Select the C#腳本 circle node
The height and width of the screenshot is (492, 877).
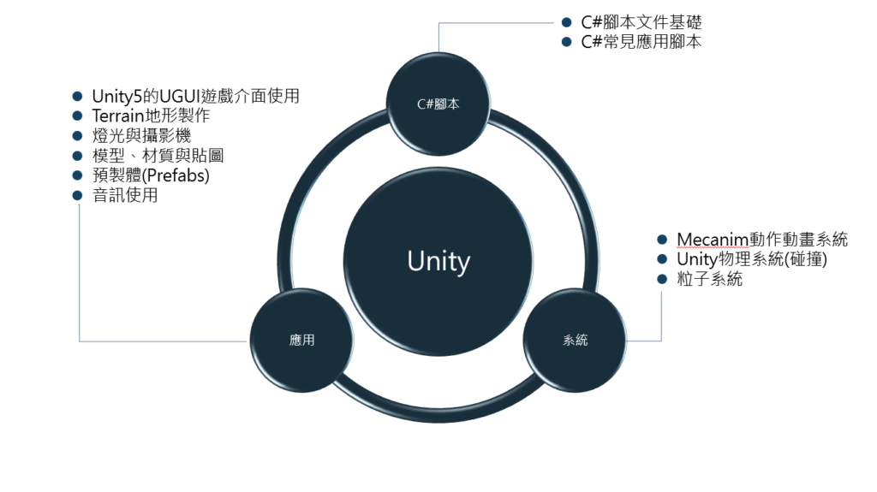[x=438, y=104]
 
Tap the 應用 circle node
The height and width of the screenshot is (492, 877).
[x=301, y=340]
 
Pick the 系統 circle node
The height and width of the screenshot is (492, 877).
[x=576, y=340]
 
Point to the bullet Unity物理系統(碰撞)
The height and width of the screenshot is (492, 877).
[x=751, y=259]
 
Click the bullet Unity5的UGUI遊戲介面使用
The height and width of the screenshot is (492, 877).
[x=195, y=96]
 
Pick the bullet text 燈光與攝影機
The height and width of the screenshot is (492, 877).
[x=141, y=135]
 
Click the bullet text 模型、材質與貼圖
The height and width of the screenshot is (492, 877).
[x=158, y=155]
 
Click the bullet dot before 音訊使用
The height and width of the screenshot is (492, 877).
[x=78, y=195]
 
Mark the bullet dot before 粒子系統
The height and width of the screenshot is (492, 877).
[x=661, y=279]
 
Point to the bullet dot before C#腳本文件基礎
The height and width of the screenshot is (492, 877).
[x=566, y=22]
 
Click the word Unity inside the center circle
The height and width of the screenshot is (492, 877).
[x=438, y=261]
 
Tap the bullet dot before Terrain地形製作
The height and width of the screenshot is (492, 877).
[x=78, y=116]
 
